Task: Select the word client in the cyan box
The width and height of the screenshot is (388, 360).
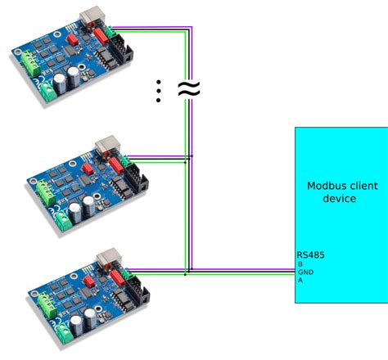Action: [x=361, y=185]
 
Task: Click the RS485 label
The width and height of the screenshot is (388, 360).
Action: [x=311, y=254]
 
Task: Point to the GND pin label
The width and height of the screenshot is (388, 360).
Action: [x=305, y=272]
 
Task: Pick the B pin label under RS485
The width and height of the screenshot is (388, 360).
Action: [x=300, y=263]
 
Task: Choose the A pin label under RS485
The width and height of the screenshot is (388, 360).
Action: [x=300, y=280]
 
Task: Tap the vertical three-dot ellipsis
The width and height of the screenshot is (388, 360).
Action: [x=158, y=91]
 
